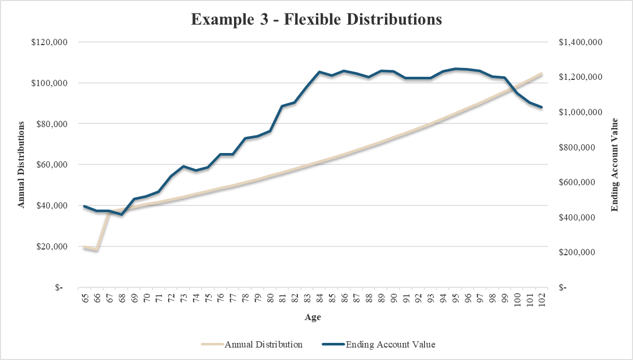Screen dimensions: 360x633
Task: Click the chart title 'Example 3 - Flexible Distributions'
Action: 316,20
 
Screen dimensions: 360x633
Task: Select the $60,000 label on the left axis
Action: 51,165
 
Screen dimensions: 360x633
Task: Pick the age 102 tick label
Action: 542,300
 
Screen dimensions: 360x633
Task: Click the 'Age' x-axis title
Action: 312,317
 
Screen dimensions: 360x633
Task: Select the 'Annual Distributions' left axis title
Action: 21,164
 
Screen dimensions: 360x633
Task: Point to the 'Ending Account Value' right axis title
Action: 615,164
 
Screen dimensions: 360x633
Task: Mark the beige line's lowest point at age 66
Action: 97,250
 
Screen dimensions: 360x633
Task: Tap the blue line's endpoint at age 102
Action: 542,107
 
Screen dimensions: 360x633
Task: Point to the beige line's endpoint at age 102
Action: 542,74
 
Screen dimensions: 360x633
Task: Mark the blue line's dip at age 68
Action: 121,214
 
